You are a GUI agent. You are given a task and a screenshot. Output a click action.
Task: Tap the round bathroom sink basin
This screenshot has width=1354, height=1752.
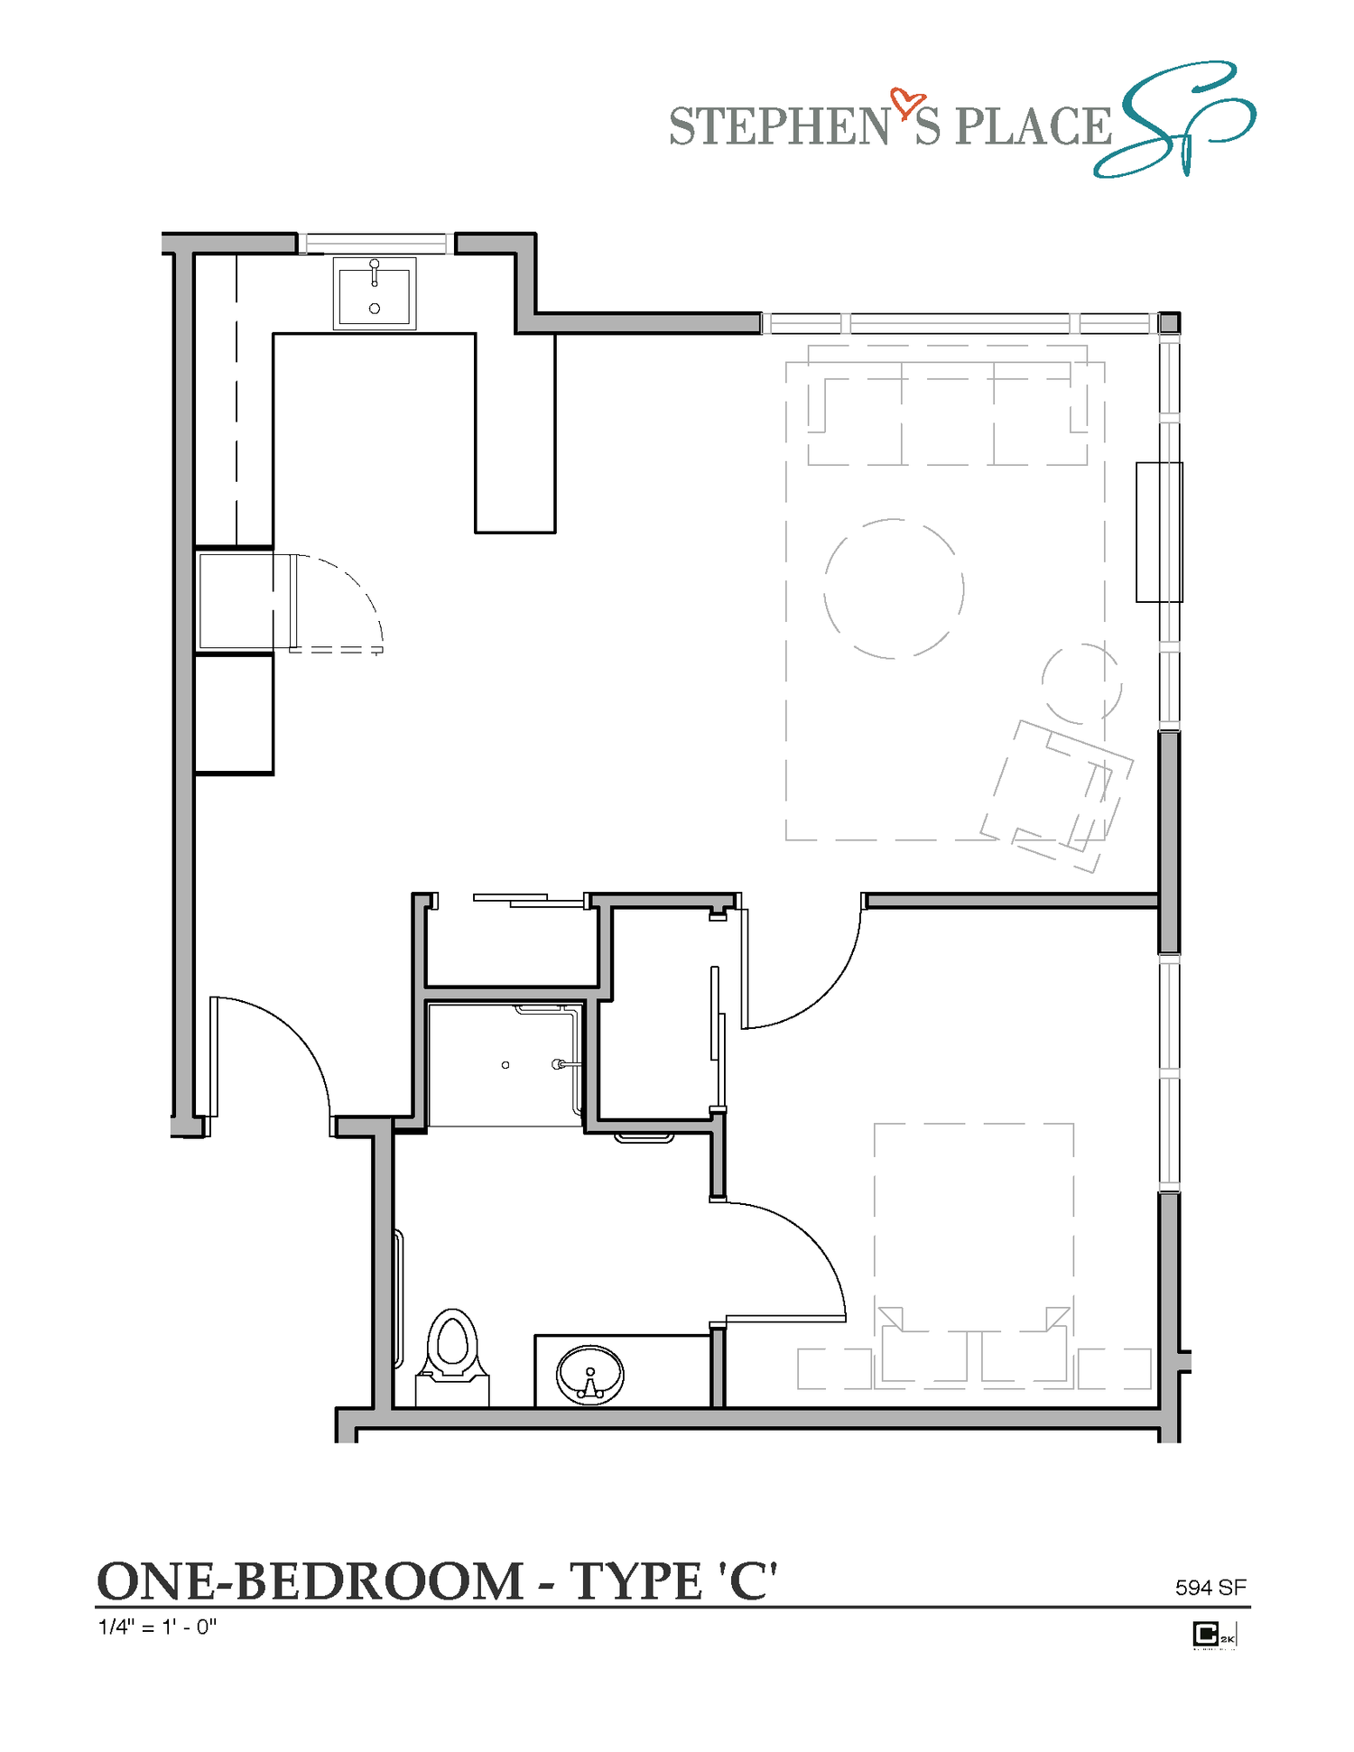(x=590, y=1374)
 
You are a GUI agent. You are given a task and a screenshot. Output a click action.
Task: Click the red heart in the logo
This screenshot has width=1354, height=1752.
(x=906, y=104)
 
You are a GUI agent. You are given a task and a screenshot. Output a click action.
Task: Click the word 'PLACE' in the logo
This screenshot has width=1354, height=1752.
(x=1033, y=126)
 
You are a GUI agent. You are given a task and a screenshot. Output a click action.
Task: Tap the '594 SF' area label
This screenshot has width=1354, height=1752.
(x=1210, y=1587)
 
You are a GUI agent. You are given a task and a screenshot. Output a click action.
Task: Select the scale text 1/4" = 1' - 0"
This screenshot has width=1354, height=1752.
(x=157, y=1627)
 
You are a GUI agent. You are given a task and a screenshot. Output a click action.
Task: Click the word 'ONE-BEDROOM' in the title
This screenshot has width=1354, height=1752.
(x=310, y=1581)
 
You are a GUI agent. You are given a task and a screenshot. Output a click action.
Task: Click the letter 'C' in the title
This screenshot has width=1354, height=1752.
(x=747, y=1581)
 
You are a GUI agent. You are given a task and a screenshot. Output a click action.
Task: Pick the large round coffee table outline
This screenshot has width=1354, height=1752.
(x=894, y=589)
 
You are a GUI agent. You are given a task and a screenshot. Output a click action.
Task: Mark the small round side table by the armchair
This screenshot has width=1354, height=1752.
(x=1081, y=683)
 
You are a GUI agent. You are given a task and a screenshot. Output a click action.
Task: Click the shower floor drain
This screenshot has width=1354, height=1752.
(x=505, y=1065)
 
